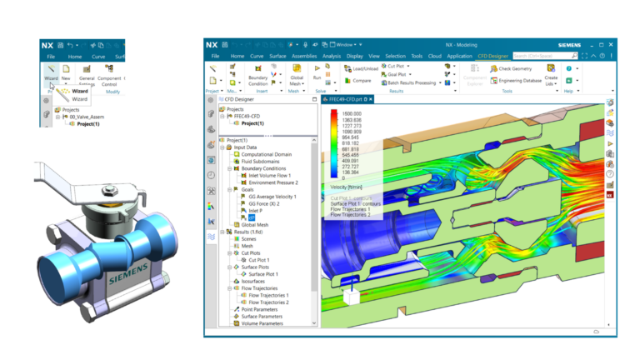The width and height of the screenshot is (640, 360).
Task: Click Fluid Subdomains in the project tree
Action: (259, 162)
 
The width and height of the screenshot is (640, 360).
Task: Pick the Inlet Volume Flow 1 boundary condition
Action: (269, 176)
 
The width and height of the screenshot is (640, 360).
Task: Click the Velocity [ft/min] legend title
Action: (349, 187)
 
